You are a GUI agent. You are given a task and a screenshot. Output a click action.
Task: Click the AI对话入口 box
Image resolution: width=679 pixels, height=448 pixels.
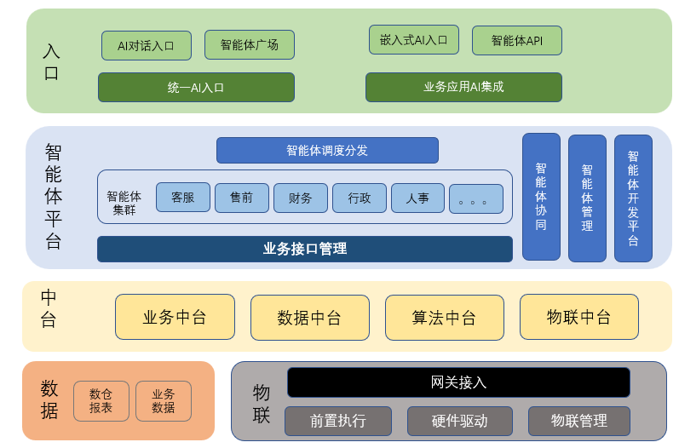(146, 45)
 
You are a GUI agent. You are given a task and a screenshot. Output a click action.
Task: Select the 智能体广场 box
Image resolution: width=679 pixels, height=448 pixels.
(249, 45)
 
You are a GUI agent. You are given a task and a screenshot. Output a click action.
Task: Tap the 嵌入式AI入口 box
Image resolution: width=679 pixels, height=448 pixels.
(413, 40)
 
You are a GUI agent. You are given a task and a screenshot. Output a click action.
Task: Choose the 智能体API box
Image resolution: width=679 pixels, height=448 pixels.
(516, 40)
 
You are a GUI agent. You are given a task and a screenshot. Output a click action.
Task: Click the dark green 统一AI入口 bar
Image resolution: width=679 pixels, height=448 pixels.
(196, 87)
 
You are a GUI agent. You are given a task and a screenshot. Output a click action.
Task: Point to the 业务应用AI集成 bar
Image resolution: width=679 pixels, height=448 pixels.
(463, 87)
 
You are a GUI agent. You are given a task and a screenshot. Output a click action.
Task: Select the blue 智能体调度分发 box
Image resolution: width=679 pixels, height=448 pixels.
(327, 150)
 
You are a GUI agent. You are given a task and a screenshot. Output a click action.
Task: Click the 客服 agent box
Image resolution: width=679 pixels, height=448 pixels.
(183, 198)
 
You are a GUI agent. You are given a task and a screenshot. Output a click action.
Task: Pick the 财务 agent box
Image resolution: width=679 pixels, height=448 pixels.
(301, 198)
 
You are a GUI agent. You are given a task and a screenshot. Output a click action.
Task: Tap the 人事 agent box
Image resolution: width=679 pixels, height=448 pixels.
(417, 198)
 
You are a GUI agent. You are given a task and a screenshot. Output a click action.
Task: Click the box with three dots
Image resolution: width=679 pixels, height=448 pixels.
(476, 199)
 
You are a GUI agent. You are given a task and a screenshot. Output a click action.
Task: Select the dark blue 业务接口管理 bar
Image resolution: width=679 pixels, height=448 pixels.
(304, 249)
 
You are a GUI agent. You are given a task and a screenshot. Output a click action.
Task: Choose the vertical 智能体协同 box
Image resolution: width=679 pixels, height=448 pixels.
(541, 197)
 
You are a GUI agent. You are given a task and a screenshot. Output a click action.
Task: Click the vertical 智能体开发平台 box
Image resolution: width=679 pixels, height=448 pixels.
(633, 198)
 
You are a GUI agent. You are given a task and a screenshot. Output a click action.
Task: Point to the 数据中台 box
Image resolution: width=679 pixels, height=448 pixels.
(309, 318)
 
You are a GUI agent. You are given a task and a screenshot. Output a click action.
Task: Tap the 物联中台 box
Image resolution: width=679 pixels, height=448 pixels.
(578, 317)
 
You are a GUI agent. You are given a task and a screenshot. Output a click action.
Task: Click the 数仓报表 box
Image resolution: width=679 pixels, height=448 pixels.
(101, 401)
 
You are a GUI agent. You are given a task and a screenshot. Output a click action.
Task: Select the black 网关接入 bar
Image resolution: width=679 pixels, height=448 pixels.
(458, 382)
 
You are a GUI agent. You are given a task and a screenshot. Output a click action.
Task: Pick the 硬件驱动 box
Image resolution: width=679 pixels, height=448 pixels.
(459, 421)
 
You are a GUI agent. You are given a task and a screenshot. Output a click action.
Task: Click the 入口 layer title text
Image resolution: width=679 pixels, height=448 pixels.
(51, 61)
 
